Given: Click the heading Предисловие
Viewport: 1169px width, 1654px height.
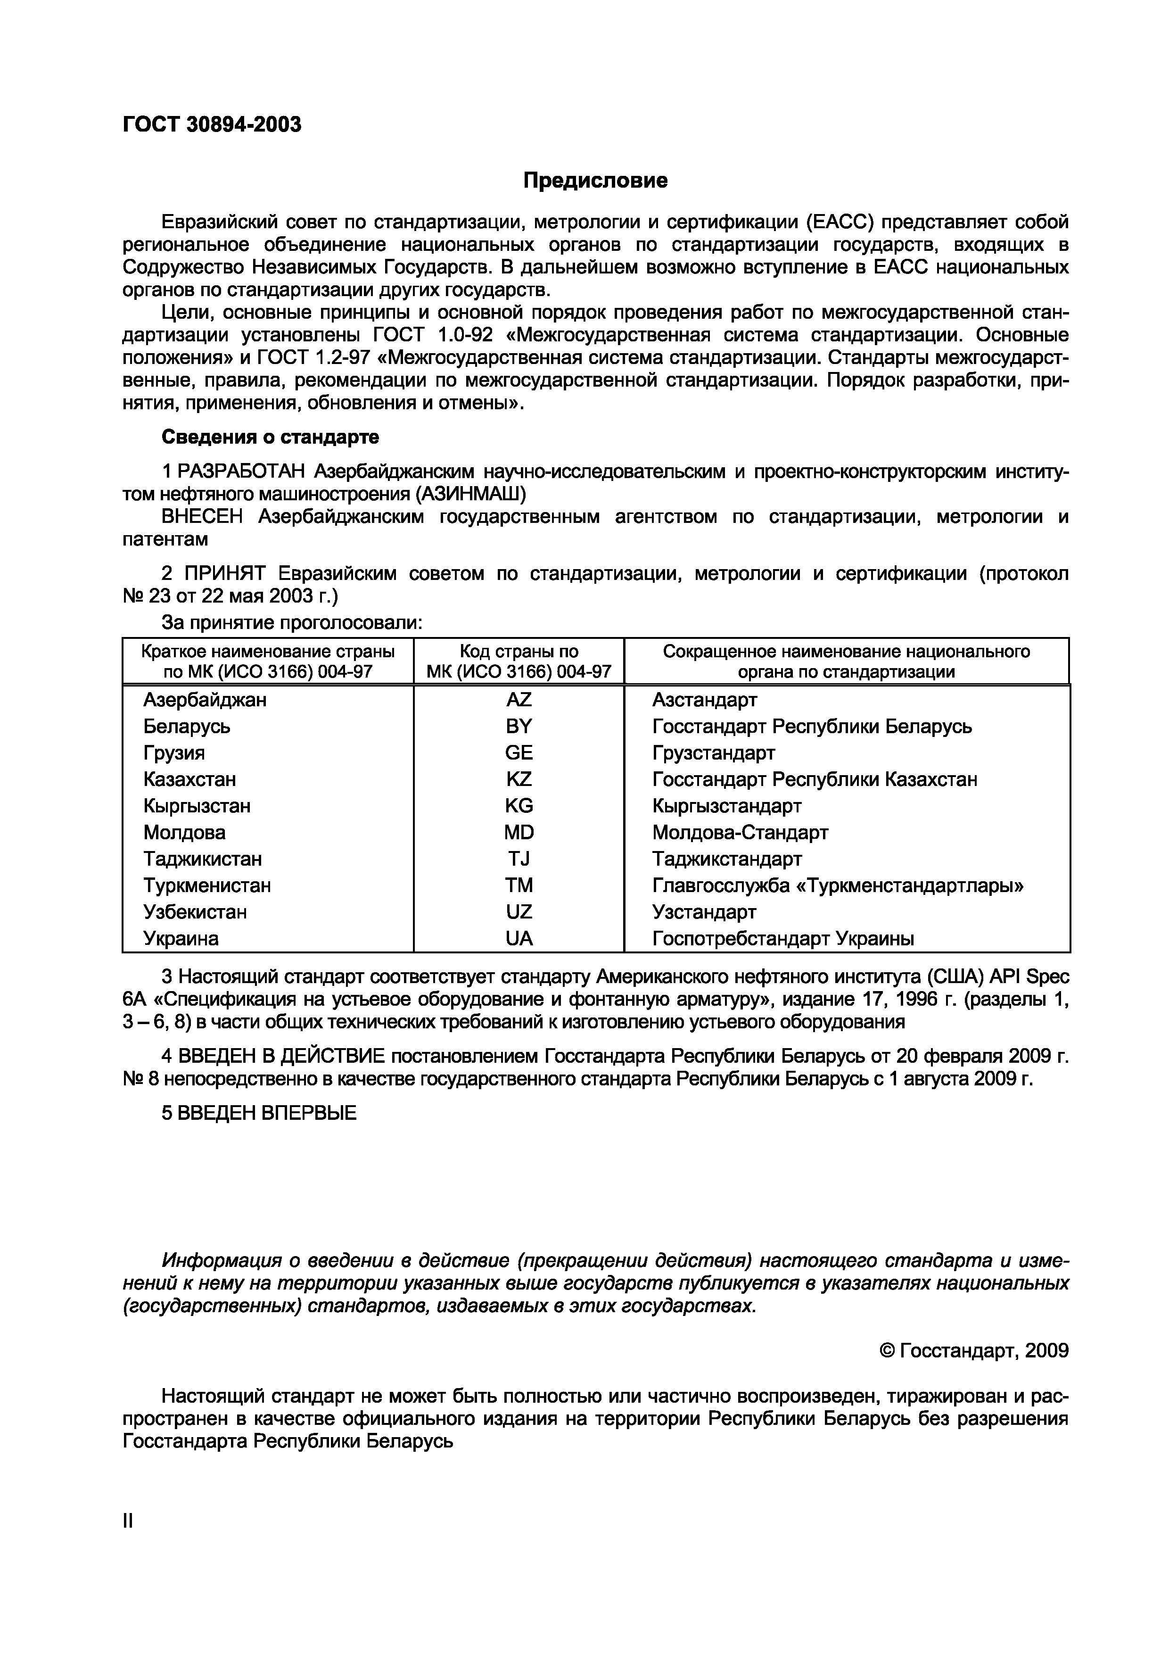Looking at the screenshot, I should (x=595, y=180).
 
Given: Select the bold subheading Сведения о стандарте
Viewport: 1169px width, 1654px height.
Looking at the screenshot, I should (x=270, y=437).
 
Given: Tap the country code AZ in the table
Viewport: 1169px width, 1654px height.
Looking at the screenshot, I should (x=519, y=700).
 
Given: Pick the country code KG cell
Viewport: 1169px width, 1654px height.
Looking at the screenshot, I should (x=519, y=805).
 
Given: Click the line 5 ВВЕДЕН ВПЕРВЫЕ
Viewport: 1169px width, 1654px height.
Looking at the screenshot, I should (x=259, y=1113).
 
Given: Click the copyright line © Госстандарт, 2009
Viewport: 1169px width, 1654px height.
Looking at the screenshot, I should (x=974, y=1351).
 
